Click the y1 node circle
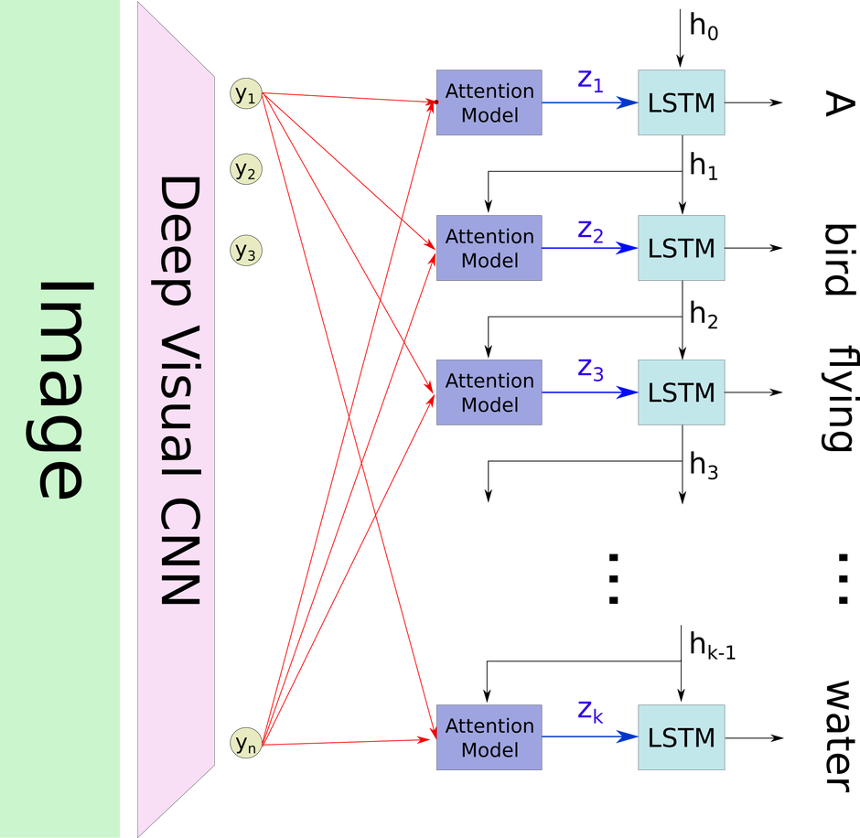(245, 93)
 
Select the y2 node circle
(245, 169)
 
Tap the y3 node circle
(245, 251)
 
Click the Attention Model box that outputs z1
(489, 102)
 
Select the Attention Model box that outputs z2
(489, 248)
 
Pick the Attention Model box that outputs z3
(489, 392)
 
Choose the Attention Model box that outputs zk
(489, 737)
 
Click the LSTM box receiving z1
(682, 102)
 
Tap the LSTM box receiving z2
(682, 248)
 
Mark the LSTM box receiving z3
(682, 392)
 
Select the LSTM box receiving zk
(682, 737)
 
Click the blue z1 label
(590, 81)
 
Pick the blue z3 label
(590, 371)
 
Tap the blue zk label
(590, 712)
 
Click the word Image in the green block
(63, 389)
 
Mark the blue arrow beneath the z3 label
(590, 392)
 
